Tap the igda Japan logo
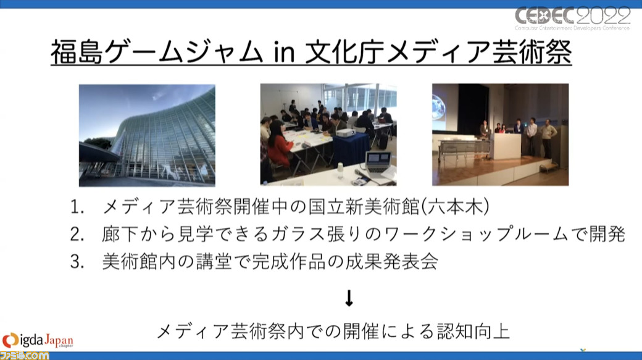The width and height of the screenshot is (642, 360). click(x=38, y=340)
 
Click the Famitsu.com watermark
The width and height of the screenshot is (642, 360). click(x=24, y=354)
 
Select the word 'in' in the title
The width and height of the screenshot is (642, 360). click(x=284, y=53)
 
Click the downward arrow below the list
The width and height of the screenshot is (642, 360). click(x=349, y=298)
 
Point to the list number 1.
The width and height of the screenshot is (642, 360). click(x=77, y=207)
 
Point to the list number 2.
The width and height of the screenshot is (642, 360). click(x=77, y=234)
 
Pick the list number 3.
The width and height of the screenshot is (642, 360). click(x=77, y=262)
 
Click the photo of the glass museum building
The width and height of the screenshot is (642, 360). click(x=147, y=135)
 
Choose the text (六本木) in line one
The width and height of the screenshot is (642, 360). click(x=455, y=207)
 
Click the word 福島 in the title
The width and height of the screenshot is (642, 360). click(x=77, y=52)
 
